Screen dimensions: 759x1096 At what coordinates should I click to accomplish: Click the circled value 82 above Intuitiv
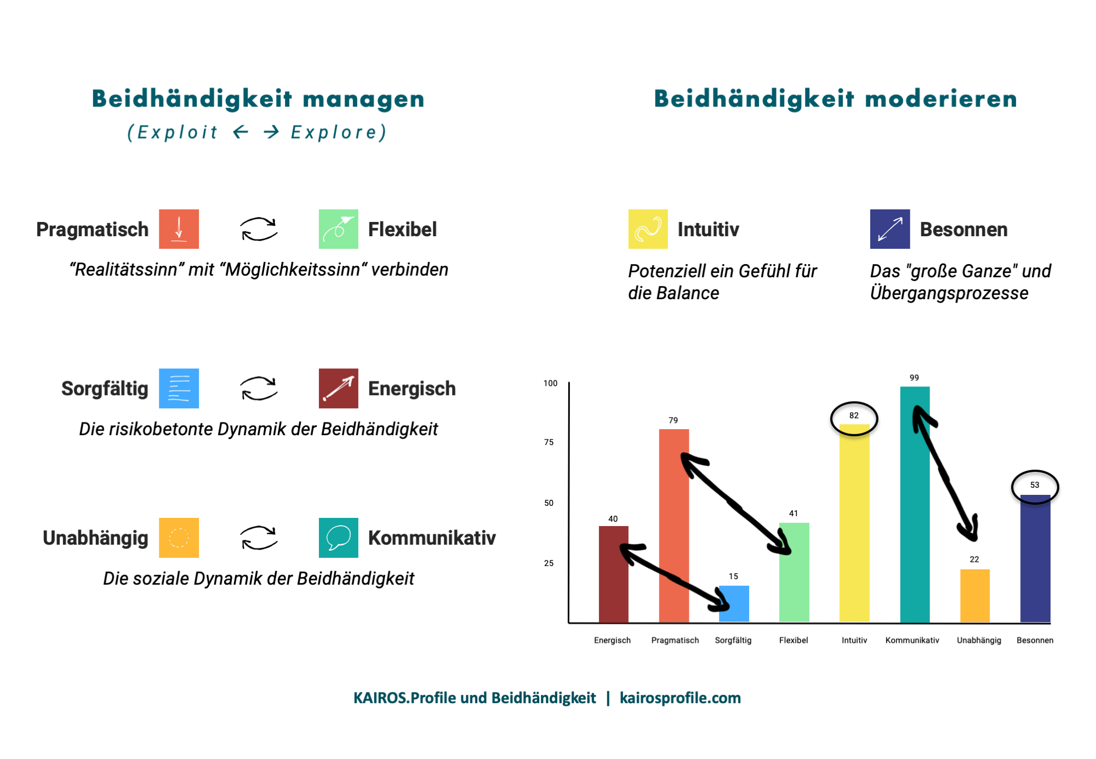(854, 416)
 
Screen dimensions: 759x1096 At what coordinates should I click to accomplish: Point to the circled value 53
(1035, 485)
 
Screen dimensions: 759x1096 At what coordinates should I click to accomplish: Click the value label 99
(914, 378)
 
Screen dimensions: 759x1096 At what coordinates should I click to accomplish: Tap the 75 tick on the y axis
(549, 442)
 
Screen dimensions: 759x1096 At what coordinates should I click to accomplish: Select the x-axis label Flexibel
(794, 640)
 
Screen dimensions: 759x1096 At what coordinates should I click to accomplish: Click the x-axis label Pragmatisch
(675, 640)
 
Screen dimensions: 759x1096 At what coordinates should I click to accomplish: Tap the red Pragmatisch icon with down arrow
(179, 229)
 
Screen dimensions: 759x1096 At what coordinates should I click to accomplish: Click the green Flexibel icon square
(338, 229)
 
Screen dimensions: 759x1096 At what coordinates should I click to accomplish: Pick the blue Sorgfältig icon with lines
(179, 389)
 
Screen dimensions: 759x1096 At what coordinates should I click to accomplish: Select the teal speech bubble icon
(338, 538)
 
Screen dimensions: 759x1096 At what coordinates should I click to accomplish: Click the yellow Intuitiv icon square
(648, 229)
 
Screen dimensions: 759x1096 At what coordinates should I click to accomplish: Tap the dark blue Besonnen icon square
(889, 229)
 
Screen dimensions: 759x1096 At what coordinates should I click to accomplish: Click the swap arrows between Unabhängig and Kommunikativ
(259, 538)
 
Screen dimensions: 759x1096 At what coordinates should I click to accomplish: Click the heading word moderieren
(940, 99)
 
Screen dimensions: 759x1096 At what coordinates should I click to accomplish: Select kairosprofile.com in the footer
(680, 698)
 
